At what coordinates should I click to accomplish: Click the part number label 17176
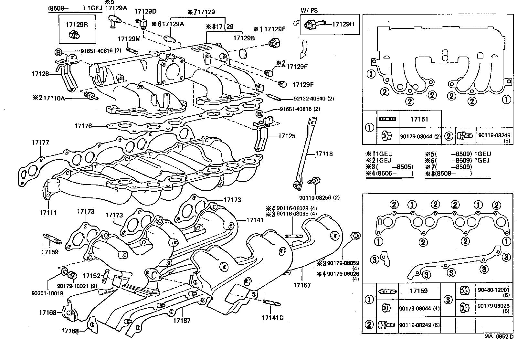83,126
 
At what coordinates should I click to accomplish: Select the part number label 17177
40,142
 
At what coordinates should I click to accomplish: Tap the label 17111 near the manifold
48,213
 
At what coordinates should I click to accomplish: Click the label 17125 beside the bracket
287,136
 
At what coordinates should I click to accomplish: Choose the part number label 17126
40,74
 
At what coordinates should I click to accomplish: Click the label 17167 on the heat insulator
302,285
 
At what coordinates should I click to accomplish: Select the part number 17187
182,321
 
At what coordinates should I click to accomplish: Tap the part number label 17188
70,331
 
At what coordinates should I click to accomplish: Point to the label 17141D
272,317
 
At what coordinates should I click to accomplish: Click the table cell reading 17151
419,119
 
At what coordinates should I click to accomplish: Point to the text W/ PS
309,10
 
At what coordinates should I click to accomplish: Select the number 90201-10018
47,293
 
